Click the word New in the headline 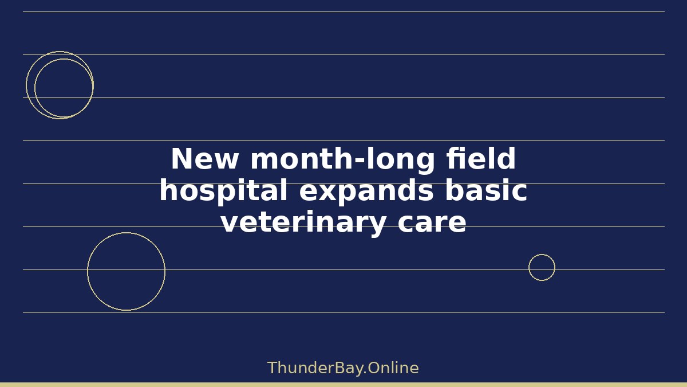click(204, 159)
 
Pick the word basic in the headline click(487, 190)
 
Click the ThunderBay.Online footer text click(343, 369)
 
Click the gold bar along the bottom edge click(343, 385)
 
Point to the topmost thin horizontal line click(344, 12)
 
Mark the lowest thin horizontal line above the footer click(344, 313)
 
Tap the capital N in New click(181, 158)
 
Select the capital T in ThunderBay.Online click(273, 368)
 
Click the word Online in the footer click(393, 368)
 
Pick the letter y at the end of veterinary click(376, 226)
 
